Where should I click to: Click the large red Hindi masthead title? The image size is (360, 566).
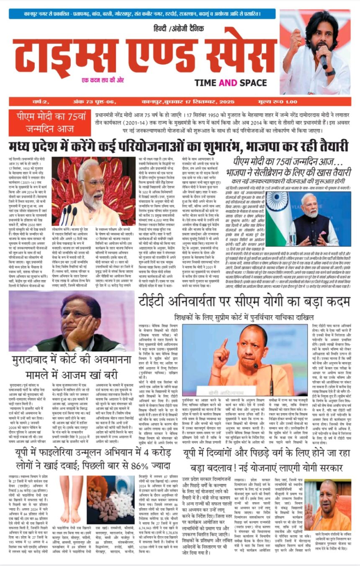point(144,54)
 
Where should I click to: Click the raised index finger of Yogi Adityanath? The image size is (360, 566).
point(224,344)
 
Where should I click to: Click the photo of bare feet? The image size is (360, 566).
point(71,498)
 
